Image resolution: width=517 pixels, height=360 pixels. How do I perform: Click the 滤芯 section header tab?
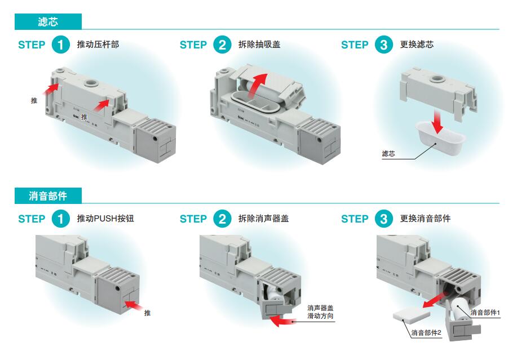click(x=48, y=22)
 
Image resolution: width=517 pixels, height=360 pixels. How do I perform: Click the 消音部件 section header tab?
click(x=48, y=196)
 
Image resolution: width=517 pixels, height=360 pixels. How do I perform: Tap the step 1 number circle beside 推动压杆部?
click(x=60, y=45)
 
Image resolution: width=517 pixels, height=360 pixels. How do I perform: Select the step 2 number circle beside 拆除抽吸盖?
click(x=222, y=45)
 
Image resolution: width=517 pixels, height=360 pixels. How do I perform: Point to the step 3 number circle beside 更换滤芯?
click(x=383, y=45)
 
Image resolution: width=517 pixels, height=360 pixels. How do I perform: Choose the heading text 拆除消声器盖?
click(x=263, y=219)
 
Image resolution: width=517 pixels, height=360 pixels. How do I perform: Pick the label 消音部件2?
click(x=426, y=332)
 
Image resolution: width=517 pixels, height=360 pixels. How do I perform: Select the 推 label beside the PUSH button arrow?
click(x=147, y=313)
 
